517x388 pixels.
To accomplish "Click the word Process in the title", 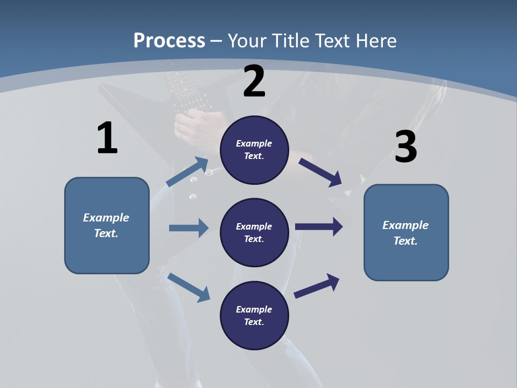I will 169,40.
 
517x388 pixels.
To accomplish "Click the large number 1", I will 107,138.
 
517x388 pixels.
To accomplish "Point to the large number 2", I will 254,81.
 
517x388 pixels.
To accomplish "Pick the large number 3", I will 406,147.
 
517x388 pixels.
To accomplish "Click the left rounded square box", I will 107,225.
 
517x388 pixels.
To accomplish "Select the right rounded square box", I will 406,232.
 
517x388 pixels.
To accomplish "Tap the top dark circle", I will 254,150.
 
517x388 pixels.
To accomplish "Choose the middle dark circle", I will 254,232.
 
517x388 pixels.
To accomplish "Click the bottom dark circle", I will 254,315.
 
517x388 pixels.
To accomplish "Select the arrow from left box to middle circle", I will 188,228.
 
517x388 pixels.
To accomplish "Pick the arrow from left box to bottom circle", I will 188,287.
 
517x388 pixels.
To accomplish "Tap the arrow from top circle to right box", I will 320,172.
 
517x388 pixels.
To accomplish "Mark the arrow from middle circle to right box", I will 319,227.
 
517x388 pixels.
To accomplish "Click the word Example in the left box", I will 106,218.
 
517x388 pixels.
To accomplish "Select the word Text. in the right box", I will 406,241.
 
